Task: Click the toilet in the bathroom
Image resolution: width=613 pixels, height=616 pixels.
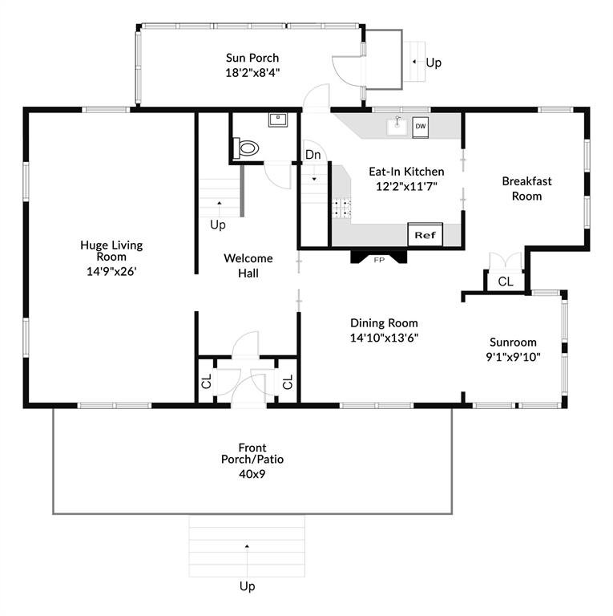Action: [246, 148]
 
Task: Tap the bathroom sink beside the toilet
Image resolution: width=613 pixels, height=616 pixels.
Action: [278, 120]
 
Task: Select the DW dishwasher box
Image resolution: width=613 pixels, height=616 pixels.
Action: [421, 127]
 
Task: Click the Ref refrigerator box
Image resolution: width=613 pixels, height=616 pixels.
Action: [425, 235]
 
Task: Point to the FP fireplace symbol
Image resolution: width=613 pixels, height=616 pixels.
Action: [379, 257]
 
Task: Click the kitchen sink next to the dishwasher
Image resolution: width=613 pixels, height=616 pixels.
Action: [398, 126]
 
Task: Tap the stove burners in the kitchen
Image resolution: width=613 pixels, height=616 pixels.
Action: [341, 209]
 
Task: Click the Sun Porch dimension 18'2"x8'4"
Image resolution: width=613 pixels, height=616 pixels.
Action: [252, 73]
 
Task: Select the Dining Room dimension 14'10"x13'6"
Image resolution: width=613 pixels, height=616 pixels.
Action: [384, 338]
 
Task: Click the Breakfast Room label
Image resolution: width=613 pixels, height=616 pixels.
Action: [526, 188]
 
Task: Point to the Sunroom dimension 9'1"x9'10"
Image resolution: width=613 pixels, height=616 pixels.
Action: [514, 357]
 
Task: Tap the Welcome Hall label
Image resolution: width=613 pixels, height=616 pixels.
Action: [248, 265]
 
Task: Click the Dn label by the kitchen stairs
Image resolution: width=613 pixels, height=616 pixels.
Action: [313, 155]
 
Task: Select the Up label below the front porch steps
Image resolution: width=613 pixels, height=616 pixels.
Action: [248, 586]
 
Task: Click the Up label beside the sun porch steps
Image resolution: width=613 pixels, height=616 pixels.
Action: [434, 63]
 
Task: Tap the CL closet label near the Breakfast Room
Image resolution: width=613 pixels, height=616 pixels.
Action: [505, 282]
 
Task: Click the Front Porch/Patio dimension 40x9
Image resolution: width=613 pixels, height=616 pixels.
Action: [252, 474]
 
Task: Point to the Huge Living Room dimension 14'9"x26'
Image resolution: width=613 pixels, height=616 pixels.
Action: [111, 271]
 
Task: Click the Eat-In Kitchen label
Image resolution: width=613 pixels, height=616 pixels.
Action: [406, 172]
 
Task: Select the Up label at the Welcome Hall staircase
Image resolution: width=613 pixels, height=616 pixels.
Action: [218, 225]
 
